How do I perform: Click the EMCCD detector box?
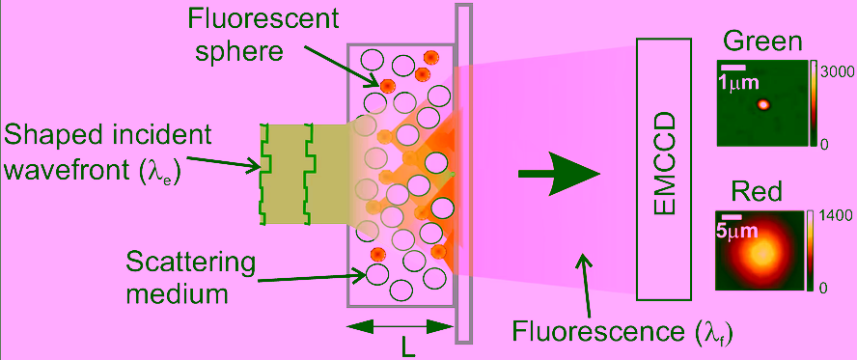point(665,169)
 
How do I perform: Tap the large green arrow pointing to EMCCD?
point(559,175)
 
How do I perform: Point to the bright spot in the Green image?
point(763,104)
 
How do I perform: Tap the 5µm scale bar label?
point(736,231)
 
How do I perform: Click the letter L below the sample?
point(405,348)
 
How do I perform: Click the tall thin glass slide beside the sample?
point(463,174)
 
